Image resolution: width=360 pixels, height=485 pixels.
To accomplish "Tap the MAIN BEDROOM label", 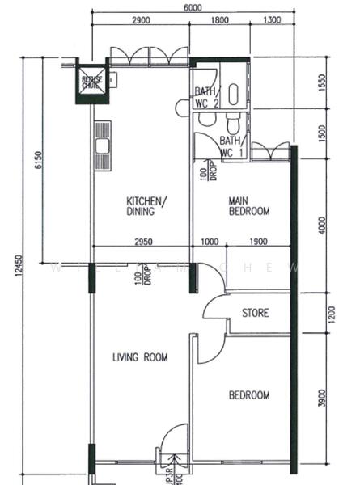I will click(248, 206).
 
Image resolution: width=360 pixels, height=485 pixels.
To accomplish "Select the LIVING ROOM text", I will click(139, 356).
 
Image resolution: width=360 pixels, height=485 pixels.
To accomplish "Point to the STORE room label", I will click(256, 313).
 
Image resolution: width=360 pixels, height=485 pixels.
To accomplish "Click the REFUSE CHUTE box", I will click(91, 81).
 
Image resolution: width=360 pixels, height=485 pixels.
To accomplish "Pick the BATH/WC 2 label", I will click(205, 98).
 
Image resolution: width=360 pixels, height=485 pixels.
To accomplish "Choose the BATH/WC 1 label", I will click(232, 147).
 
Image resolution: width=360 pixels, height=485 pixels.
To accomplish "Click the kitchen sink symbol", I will click(102, 145).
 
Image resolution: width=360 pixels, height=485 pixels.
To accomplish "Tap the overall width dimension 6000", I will click(192, 6).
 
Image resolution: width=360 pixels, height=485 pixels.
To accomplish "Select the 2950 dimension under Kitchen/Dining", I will click(142, 242).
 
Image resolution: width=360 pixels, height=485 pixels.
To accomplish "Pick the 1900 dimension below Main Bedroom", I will click(258, 242).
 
